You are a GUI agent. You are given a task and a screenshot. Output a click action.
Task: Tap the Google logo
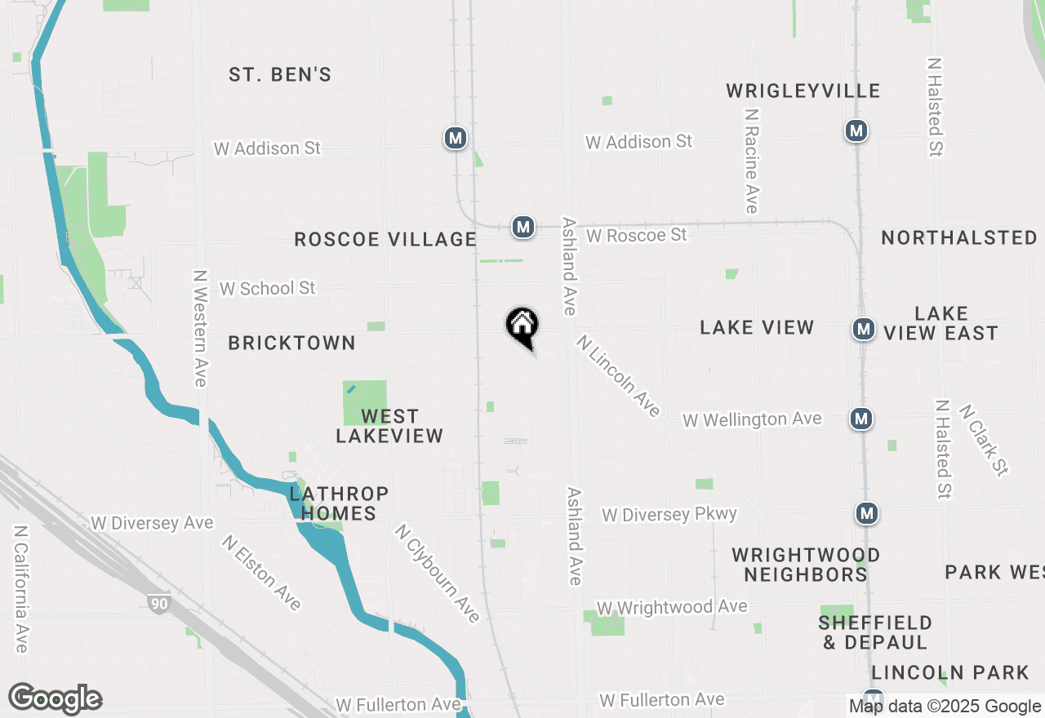pyautogui.click(x=56, y=698)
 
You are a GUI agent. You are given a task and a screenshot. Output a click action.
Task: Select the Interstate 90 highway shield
pyautogui.click(x=159, y=604)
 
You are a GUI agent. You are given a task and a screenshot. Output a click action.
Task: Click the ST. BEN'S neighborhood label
pyautogui.click(x=280, y=75)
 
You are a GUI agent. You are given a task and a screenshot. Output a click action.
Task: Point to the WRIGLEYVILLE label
pyautogui.click(x=803, y=91)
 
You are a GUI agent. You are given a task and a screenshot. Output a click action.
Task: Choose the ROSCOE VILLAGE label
pyautogui.click(x=385, y=239)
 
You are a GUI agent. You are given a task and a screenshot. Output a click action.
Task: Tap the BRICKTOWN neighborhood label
pyautogui.click(x=291, y=343)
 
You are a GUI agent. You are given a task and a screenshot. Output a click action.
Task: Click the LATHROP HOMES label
pyautogui.click(x=339, y=503)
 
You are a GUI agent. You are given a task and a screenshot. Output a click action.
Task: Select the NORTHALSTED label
pyautogui.click(x=959, y=237)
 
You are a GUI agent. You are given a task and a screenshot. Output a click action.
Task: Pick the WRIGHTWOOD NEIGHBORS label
pyautogui.click(x=806, y=565)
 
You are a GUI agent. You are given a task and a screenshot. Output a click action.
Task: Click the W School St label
pyautogui.click(x=267, y=289)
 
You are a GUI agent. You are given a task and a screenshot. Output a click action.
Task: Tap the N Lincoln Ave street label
pyautogui.click(x=618, y=375)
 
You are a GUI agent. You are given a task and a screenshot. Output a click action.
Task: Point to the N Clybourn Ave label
pyautogui.click(x=437, y=574)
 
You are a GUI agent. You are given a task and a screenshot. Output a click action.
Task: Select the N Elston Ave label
pyautogui.click(x=262, y=573)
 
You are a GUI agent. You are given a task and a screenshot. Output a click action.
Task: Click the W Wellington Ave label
pyautogui.click(x=752, y=419)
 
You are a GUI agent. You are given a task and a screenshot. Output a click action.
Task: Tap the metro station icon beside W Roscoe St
pyautogui.click(x=523, y=227)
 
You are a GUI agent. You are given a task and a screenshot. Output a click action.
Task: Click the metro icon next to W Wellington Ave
pyautogui.click(x=860, y=419)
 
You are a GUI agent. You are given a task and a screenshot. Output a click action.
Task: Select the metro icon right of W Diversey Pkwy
pyautogui.click(x=867, y=513)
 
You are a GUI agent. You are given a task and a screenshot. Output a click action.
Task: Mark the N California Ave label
pyautogui.click(x=21, y=588)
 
